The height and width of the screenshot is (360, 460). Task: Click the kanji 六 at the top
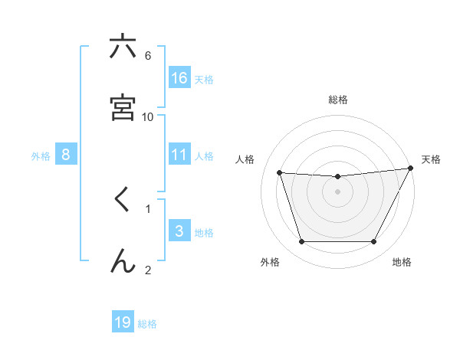pos(123,47)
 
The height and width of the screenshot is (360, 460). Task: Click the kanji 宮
pos(123,108)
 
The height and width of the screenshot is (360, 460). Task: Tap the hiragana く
pos(122,200)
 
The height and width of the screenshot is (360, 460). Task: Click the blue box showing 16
pos(179,77)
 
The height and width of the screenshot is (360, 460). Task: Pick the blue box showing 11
pos(179,154)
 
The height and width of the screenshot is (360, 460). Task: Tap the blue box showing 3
pos(179,231)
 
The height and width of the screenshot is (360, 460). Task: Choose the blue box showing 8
pos(66,154)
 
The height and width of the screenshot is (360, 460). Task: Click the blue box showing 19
pos(123,322)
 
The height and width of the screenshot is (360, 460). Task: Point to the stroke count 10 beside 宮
pos(148,116)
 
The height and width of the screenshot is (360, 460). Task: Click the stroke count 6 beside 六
pos(148,55)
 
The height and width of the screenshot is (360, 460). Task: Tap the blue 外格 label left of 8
pos(41,155)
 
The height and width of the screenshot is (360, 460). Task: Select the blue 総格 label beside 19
pos(147,324)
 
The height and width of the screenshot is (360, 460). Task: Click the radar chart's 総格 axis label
pos(338,100)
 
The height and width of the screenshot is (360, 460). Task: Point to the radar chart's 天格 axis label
pos(431,159)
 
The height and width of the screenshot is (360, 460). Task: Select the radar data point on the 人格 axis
pos(280,173)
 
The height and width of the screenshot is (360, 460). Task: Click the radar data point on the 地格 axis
pos(373,242)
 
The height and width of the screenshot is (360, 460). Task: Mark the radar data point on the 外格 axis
pos(301,242)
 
